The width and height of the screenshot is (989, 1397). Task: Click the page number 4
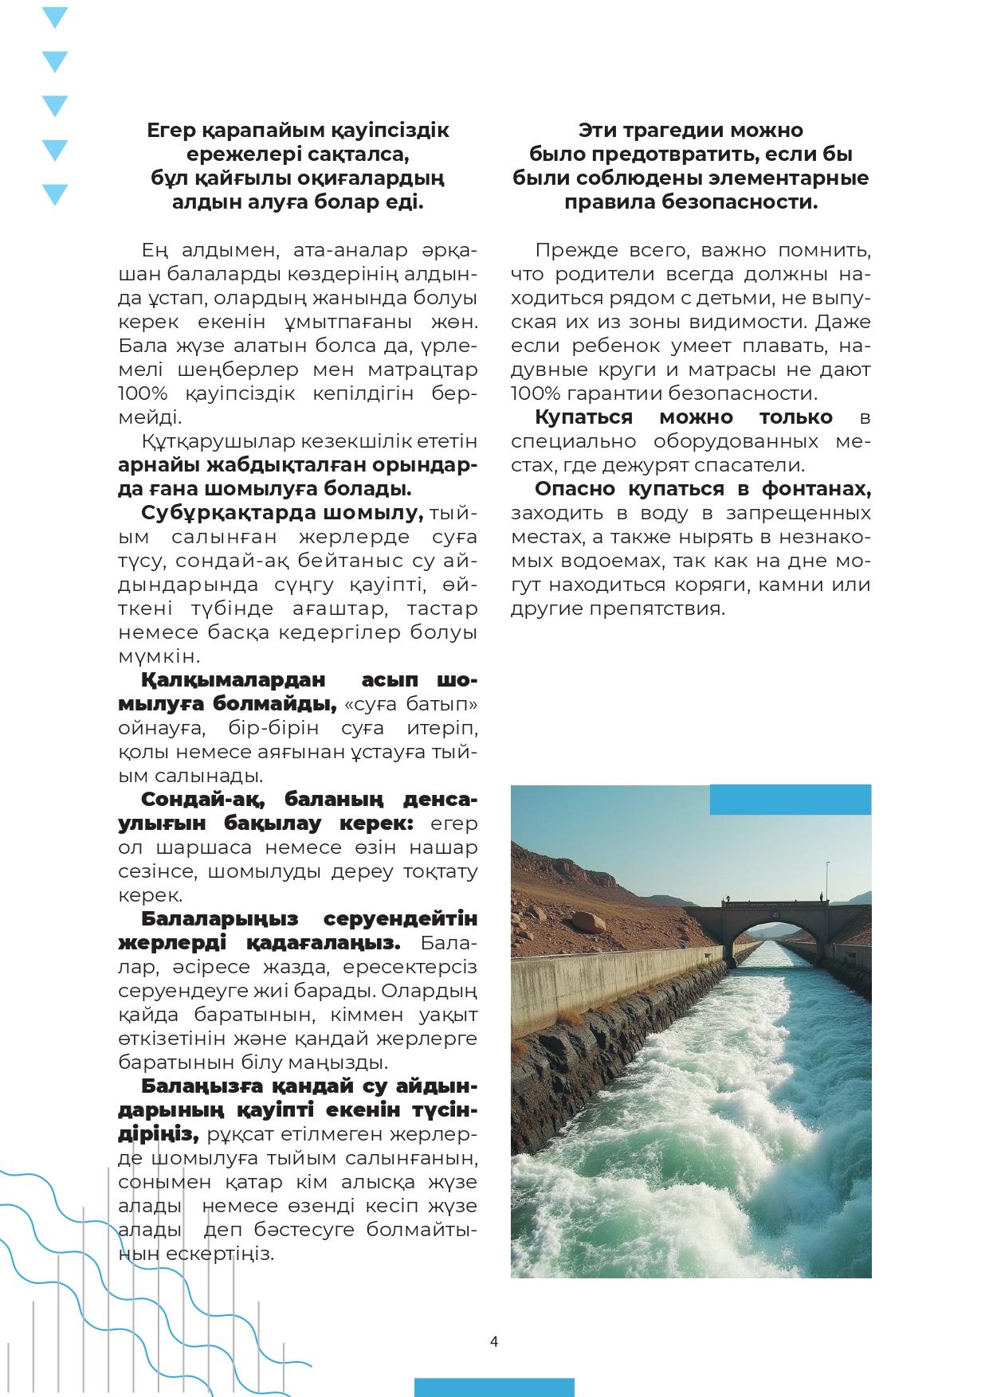494,1341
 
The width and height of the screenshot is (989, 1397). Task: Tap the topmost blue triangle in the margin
54,17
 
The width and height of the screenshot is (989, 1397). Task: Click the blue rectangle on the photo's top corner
790,799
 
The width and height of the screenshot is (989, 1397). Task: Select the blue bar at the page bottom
494,1387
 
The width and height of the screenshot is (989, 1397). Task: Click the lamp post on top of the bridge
827,879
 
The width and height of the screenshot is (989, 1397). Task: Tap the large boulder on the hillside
589,922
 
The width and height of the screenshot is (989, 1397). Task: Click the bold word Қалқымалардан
234,680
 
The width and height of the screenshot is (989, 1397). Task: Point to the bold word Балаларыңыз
220,918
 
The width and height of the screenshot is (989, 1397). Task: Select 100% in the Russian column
534,393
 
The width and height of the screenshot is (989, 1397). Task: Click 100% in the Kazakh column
141,393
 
